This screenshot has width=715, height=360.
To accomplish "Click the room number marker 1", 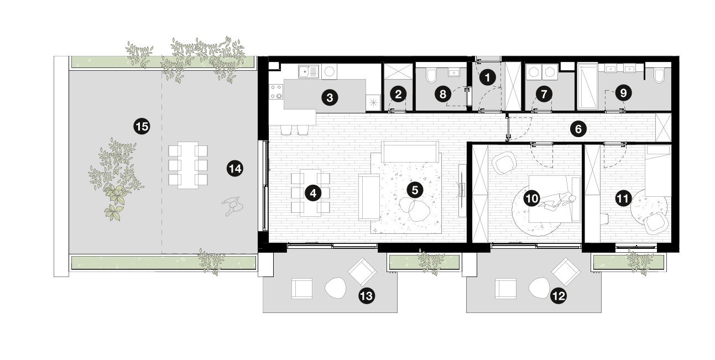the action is (x=487, y=77).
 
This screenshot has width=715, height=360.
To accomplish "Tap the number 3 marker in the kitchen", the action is (x=330, y=97).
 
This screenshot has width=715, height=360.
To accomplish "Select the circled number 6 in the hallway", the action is (x=578, y=129).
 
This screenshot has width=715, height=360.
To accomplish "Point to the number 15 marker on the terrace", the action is (x=142, y=127).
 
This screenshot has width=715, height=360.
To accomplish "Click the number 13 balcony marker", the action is (x=367, y=296).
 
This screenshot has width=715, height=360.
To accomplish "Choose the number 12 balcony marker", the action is (x=559, y=296).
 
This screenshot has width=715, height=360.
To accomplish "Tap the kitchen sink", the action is (x=309, y=71).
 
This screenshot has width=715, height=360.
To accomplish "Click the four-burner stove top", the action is (x=276, y=91).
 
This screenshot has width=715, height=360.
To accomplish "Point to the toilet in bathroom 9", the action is (x=659, y=76).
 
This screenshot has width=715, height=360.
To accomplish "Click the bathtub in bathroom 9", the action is (x=588, y=86).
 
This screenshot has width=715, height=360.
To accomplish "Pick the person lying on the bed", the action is (x=557, y=202).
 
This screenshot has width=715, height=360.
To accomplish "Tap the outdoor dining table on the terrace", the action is (x=188, y=165).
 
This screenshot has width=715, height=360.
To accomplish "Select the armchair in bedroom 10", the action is (x=504, y=163).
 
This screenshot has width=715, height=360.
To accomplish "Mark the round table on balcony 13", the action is (x=335, y=288).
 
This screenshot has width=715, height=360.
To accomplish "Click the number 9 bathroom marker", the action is (x=623, y=92).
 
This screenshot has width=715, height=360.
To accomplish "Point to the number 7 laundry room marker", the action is (x=544, y=94).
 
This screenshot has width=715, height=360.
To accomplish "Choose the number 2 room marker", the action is (x=398, y=94).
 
